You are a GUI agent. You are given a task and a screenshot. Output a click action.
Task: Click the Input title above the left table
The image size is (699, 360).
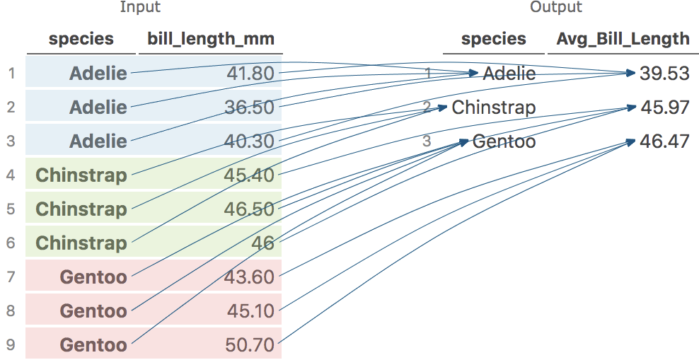pos(140,8)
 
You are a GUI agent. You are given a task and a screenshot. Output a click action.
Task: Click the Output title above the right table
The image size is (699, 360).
pos(555,8)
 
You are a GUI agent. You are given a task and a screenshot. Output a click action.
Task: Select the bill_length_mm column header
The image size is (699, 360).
pos(210,40)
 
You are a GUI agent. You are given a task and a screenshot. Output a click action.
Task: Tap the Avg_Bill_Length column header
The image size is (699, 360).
pos(623,40)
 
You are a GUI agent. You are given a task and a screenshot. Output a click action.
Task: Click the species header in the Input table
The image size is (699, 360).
pos(81,40)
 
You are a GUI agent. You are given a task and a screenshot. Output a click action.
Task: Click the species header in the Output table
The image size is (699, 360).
pos(494,40)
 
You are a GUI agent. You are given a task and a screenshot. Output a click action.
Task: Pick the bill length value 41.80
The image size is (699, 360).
pos(250,73)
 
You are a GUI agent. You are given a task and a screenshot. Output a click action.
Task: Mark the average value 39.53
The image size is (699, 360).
pos(664,74)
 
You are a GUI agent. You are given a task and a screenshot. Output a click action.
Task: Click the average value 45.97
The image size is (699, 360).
pos(664,108)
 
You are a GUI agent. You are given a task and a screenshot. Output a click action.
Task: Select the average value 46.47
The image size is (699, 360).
pos(664,141)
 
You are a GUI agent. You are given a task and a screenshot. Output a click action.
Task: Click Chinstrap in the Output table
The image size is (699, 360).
pos(494,108)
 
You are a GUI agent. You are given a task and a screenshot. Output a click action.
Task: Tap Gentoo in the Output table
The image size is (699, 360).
pos(504,141)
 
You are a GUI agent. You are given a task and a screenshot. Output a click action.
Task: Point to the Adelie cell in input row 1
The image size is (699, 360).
pos(98,73)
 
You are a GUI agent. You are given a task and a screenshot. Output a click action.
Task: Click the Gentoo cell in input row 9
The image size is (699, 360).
pos(93,344)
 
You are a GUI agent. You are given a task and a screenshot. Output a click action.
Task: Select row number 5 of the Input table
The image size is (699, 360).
pos(11,209)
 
